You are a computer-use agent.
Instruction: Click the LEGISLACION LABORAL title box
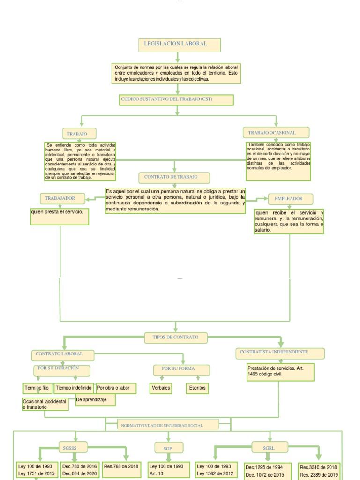[x=179, y=45]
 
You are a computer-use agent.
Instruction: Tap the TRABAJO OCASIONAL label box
[x=276, y=133]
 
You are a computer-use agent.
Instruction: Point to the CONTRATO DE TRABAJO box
[x=174, y=177]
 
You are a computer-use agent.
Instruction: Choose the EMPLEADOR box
[x=288, y=199]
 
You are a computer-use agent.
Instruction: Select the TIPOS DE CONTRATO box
[x=175, y=337]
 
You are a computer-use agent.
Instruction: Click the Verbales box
[x=161, y=388]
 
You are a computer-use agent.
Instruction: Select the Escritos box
[x=197, y=388]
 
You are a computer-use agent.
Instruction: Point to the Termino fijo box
[x=37, y=388]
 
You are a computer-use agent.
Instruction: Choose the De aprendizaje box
[x=95, y=400]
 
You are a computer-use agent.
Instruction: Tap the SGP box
[x=168, y=448]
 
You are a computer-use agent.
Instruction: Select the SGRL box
[x=269, y=448]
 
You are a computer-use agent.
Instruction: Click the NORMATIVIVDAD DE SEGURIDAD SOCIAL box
[x=168, y=425]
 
